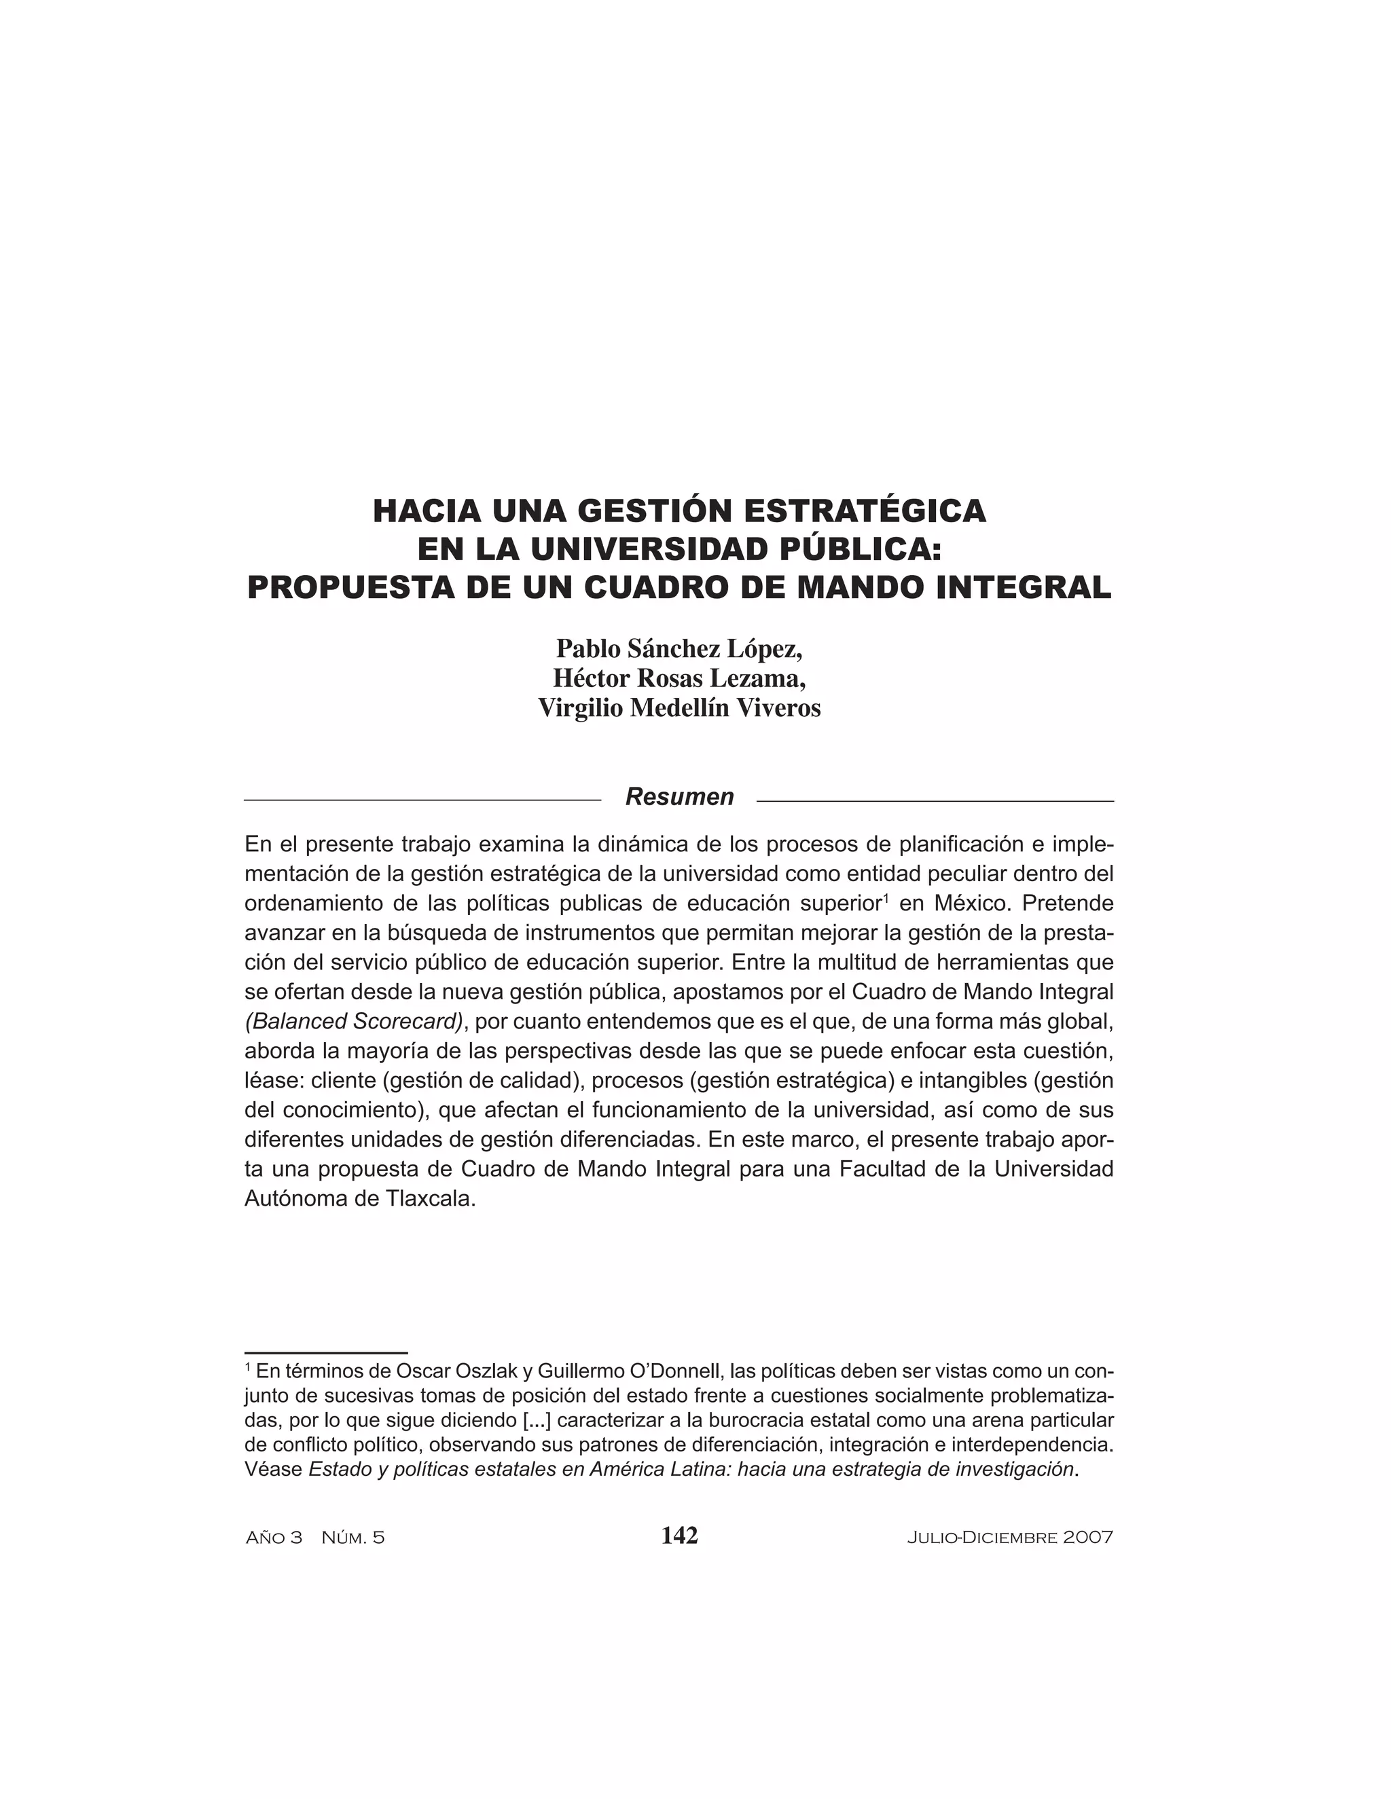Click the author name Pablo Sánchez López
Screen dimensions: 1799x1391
click(679, 649)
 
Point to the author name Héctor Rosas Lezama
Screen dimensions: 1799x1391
click(679, 678)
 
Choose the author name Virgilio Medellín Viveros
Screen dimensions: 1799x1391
click(679, 707)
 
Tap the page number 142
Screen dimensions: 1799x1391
click(679, 1536)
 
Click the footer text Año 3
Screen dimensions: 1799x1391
click(274, 1537)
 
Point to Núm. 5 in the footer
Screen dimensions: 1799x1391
click(353, 1537)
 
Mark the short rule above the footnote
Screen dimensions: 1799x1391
click(326, 1352)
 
